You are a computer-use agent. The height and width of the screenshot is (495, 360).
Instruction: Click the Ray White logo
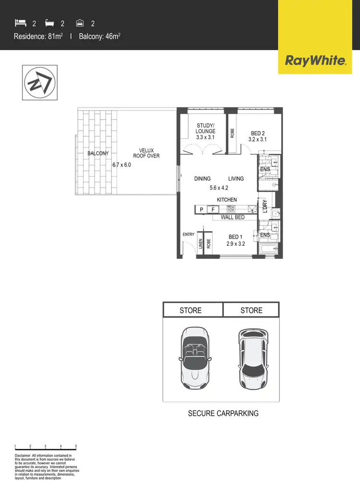pos(315,61)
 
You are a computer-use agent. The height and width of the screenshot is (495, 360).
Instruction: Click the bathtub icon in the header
pos(50,23)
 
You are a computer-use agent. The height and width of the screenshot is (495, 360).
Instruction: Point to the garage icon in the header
pos(80,23)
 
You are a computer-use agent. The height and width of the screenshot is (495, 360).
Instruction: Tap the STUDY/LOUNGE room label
pos(206,131)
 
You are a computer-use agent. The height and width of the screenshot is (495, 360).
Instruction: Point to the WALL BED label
pos(232,217)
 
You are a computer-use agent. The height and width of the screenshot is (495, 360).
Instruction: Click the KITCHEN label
pos(227,200)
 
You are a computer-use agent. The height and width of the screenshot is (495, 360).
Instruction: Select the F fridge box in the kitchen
pos(213,209)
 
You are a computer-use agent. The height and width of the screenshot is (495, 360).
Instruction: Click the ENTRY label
pos(188,234)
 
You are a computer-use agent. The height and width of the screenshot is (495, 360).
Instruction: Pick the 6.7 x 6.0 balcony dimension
pos(121,165)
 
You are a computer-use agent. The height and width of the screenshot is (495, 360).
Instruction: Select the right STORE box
pos(251,310)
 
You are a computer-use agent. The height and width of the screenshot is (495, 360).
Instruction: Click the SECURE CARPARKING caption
pos(223,413)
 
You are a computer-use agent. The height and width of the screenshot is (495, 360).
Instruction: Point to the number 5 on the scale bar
pos(76,446)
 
